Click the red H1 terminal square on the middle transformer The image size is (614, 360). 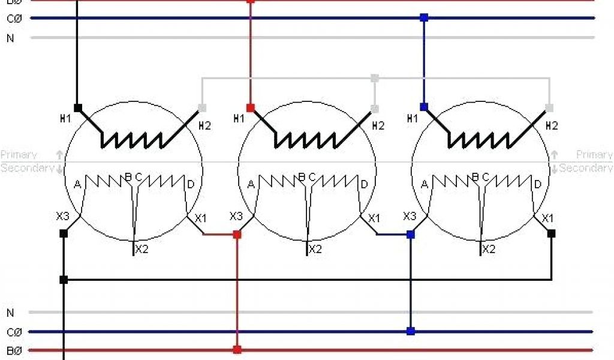click(x=251, y=108)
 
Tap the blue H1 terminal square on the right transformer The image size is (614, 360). click(x=424, y=107)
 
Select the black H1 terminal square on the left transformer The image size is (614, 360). click(x=77, y=108)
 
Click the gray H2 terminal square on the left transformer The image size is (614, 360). click(x=202, y=108)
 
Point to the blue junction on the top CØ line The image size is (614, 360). click(x=424, y=18)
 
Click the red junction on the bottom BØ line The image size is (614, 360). click(x=237, y=349)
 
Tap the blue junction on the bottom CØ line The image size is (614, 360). click(x=410, y=331)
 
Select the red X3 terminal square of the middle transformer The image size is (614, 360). click(x=237, y=234)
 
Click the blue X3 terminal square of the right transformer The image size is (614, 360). click(x=410, y=234)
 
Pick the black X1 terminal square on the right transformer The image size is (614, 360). click(x=551, y=233)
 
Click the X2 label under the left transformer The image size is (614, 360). click(x=142, y=250)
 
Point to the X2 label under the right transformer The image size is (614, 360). click(x=489, y=249)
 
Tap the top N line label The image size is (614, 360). click(x=10, y=38)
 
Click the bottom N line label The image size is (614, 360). click(x=10, y=313)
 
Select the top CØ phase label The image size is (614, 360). click(x=14, y=19)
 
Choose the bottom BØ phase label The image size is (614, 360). click(x=14, y=350)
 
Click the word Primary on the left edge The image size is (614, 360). click(x=19, y=155)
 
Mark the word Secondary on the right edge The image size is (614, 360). click(x=586, y=168)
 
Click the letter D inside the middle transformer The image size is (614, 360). click(x=364, y=184)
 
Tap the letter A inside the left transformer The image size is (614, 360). click(x=77, y=185)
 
